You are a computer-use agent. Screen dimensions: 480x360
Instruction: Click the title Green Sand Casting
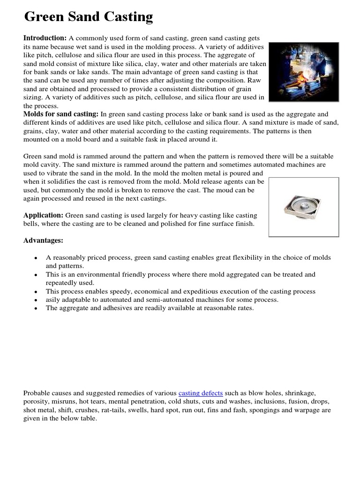(x=89, y=17)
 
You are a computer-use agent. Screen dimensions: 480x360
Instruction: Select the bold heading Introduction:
(x=45, y=38)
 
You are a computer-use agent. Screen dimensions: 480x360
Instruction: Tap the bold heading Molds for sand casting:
(x=61, y=114)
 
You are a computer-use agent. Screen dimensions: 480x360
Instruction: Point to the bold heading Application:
(x=44, y=215)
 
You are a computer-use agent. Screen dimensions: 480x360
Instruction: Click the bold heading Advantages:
(x=43, y=240)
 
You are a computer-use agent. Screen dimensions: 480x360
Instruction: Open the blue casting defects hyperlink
(x=201, y=393)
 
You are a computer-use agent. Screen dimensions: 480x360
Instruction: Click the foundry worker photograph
(x=304, y=72)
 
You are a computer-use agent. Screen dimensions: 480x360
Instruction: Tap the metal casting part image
(x=303, y=207)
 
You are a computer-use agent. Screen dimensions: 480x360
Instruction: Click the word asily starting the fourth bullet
(x=54, y=300)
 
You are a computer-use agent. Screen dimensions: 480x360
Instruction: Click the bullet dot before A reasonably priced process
(x=36, y=258)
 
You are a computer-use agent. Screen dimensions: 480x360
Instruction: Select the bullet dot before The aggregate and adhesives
(x=36, y=308)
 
